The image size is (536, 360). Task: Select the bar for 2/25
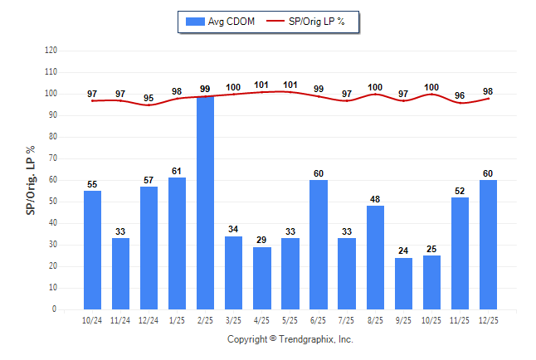[205, 203]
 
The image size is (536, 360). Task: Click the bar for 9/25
[403, 284]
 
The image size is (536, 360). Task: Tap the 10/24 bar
[92, 250]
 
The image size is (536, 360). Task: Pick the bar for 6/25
[319, 245]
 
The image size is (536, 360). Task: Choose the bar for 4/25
[262, 278]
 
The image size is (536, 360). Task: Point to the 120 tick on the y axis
[51, 51]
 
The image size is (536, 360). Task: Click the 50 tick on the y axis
[54, 202]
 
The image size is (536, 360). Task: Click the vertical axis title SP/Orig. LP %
[31, 180]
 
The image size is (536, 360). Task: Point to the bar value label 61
[177, 172]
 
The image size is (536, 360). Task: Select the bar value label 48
[375, 200]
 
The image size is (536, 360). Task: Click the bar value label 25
[431, 250]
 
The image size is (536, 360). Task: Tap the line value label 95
[149, 98]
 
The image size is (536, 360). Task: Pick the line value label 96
[460, 95]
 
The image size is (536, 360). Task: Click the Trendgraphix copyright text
[290, 339]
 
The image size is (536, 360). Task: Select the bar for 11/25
[460, 253]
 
